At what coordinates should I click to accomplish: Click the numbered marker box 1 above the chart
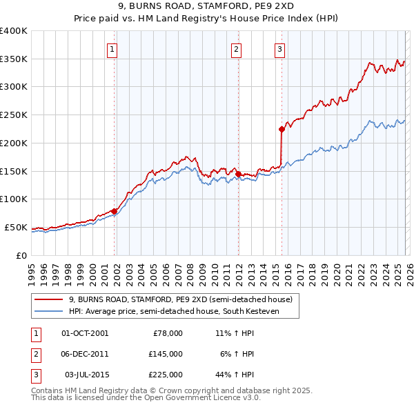click(112, 49)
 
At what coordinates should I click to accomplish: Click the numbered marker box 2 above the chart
click(236, 49)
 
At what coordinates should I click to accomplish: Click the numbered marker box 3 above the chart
click(279, 49)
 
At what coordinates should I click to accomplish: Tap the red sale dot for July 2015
click(282, 128)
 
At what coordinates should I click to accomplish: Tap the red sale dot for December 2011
click(238, 173)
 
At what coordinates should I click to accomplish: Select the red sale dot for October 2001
click(115, 211)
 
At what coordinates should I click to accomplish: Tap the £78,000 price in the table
click(167, 333)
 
